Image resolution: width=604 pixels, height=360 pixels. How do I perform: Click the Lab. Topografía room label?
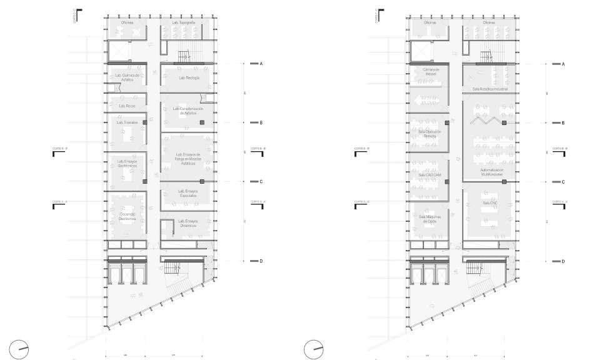(183, 22)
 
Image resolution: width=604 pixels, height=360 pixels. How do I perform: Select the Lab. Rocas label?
(126, 106)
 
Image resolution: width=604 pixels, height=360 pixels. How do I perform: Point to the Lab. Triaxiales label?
(126, 122)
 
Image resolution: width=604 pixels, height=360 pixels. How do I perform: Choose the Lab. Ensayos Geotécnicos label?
(126, 164)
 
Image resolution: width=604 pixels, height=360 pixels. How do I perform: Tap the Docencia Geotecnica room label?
(127, 216)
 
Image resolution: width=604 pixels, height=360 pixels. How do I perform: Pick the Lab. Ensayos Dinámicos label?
(188, 223)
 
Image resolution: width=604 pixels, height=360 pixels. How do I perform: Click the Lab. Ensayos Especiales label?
(188, 194)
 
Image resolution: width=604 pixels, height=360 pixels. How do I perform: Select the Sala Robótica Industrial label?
(489, 89)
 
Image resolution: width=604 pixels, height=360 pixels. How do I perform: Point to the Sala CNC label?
(489, 203)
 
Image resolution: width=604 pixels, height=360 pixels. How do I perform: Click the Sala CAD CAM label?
(430, 174)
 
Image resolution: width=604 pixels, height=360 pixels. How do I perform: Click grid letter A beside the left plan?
(261, 64)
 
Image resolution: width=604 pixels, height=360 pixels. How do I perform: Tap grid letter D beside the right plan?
(563, 261)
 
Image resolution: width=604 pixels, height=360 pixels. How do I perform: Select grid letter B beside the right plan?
(563, 123)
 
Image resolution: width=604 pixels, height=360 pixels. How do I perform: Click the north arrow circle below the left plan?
(19, 347)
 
